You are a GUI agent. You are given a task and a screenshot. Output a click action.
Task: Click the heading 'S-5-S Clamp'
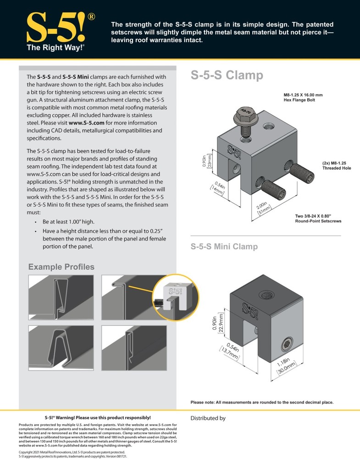click(x=227, y=75)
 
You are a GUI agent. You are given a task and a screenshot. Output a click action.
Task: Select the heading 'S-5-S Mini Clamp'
click(x=224, y=246)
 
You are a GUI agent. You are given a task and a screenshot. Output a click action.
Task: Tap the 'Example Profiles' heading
click(x=61, y=267)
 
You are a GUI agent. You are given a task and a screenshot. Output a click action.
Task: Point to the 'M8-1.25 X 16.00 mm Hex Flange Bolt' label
click(x=299, y=97)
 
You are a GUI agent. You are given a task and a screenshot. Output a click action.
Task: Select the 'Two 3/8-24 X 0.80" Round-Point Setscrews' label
click(x=318, y=218)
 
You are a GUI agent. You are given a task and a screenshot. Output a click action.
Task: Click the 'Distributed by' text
click(x=208, y=418)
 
